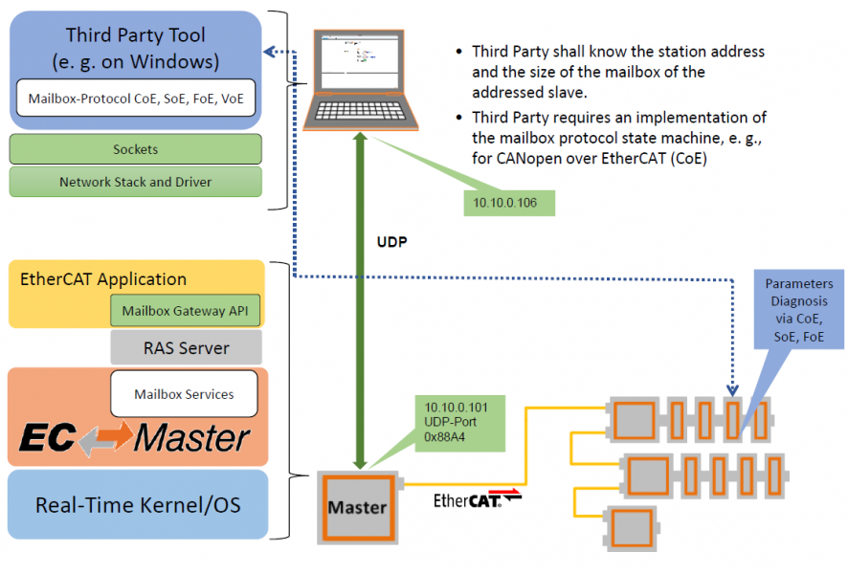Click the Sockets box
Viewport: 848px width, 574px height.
[x=135, y=149]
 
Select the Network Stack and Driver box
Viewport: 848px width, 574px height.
[x=135, y=182]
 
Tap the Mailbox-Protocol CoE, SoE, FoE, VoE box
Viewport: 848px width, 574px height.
[x=135, y=98]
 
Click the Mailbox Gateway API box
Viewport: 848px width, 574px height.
[x=187, y=310]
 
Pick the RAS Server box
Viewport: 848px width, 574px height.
[x=187, y=347]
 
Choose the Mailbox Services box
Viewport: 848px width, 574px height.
[x=184, y=394]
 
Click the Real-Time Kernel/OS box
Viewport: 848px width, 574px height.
[x=138, y=505]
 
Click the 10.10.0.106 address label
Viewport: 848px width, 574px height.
[x=508, y=203]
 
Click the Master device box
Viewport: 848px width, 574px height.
[x=357, y=508]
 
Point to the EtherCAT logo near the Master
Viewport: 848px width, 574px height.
[x=468, y=500]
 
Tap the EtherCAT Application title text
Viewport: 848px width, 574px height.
[x=103, y=279]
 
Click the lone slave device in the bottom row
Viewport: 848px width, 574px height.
[x=632, y=528]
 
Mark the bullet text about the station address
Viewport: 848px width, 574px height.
[x=618, y=72]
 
